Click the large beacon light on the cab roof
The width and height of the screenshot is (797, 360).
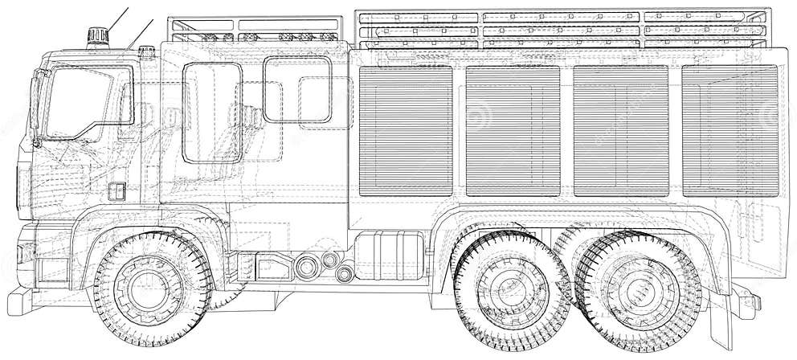coord(97,36)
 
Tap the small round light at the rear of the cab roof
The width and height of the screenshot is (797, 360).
coord(146,52)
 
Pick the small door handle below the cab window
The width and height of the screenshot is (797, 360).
coord(116,192)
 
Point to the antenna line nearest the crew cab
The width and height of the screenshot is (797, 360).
coord(140,34)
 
